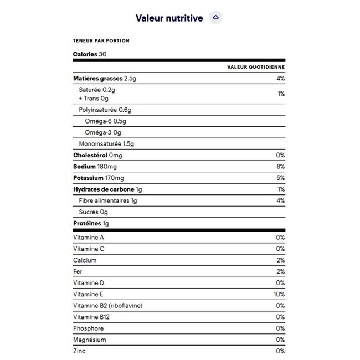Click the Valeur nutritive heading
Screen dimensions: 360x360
tap(169, 18)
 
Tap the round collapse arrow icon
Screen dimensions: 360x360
tap(216, 18)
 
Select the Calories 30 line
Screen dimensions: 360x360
tap(90, 54)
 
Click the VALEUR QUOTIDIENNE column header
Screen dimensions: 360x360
tap(256, 67)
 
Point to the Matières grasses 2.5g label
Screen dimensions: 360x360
tap(105, 79)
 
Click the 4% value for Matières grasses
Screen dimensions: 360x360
tap(280, 79)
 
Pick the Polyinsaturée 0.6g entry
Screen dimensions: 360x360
tap(105, 110)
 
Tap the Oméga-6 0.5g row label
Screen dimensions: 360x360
tap(106, 121)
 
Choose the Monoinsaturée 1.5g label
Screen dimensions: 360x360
tap(107, 144)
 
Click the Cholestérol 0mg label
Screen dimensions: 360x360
tap(97, 155)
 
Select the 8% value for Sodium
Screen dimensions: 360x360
tap(280, 167)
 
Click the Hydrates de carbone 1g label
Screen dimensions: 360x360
tap(108, 189)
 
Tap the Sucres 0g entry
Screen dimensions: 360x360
tap(93, 212)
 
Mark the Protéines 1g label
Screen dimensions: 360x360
tap(91, 223)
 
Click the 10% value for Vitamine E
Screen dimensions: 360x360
tap(279, 294)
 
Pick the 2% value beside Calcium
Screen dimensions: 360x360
tap(280, 260)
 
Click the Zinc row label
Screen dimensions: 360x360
tap(79, 351)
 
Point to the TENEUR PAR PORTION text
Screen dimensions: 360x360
tap(101, 40)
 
